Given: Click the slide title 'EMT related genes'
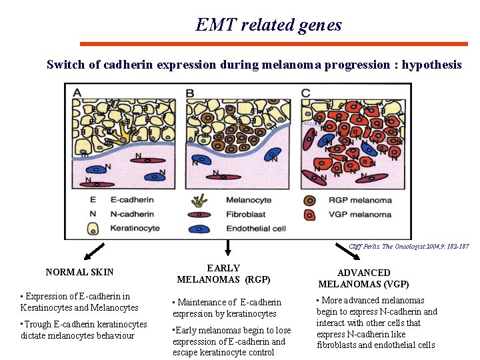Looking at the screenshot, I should click(269, 25).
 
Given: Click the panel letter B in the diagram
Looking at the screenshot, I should click(191, 92).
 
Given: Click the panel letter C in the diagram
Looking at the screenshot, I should click(305, 92).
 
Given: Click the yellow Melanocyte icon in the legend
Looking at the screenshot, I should click(199, 200).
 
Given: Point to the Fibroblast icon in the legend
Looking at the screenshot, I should click(199, 215).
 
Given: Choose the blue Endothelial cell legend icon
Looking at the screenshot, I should click(199, 228).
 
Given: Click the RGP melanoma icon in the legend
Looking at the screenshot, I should click(309, 200).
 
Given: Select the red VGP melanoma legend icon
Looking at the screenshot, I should click(309, 214).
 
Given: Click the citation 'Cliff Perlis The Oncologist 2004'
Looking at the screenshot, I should click(408, 246).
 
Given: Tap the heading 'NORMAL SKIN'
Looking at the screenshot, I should click(79, 272).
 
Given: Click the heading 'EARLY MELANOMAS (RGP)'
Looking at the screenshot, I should click(223, 273).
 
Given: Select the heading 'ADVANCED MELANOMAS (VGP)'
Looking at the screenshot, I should click(363, 278).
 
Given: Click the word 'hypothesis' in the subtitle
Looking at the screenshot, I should click(431, 65).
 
